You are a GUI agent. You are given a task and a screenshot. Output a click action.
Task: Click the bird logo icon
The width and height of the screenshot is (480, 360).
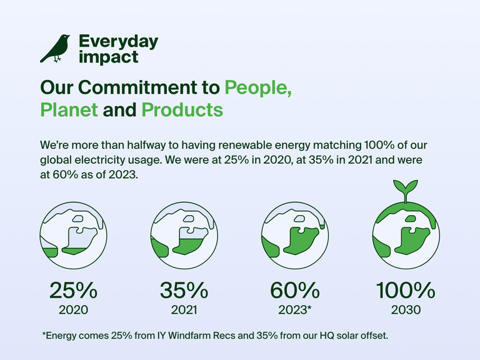pos(55,49)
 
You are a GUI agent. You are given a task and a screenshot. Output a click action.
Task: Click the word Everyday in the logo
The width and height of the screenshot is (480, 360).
pos(118,42)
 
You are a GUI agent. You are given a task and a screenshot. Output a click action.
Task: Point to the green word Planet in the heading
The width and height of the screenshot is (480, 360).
pos(69,110)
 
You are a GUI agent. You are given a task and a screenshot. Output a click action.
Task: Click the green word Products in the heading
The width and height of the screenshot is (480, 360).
pos(182,110)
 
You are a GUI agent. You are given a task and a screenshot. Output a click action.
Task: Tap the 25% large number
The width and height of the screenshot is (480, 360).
pos(73,290)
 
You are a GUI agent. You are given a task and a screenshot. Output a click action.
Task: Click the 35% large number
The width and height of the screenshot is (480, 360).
pos(184,290)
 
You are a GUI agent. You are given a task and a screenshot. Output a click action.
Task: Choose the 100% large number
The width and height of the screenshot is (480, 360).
pos(405,290)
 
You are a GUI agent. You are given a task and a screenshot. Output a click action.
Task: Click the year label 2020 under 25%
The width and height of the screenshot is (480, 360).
pos(73,310)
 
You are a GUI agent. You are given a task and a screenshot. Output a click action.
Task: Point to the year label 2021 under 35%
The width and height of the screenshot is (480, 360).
pos(184,310)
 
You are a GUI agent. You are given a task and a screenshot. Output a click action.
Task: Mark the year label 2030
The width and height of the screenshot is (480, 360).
pos(405,310)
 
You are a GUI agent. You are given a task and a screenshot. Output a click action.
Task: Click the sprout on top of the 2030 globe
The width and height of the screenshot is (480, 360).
pos(405,189)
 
